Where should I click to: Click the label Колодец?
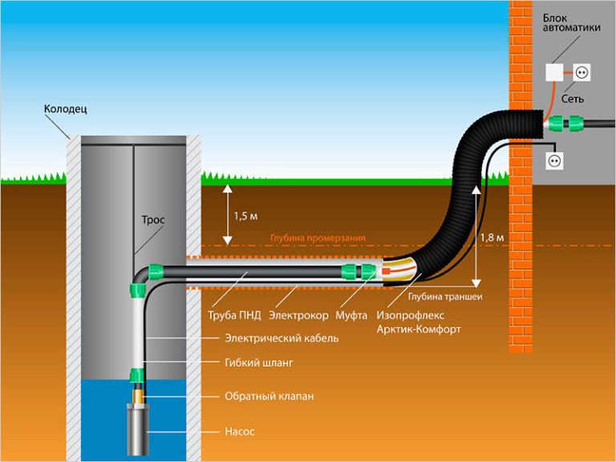coord(65,108)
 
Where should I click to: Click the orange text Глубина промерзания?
coord(318,238)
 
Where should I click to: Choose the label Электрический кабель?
coord(282,338)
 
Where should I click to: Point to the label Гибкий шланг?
coord(259,363)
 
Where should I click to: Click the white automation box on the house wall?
coord(555,72)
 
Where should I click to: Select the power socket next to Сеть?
coord(583,72)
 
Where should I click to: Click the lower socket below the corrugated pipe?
coord(553,160)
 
